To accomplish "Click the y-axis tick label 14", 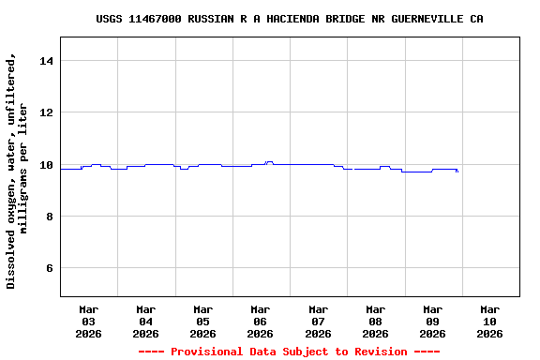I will pyautogui.click(x=48, y=61).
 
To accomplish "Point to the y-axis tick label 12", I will pyautogui.click(x=48, y=112).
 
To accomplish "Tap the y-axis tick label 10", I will pyautogui.click(x=48, y=165).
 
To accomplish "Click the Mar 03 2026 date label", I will pyautogui.click(x=88, y=321).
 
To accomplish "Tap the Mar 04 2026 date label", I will pyautogui.click(x=145, y=321).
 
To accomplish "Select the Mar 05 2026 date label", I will pyautogui.click(x=202, y=321).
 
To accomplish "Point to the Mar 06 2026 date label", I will pyautogui.click(x=260, y=321).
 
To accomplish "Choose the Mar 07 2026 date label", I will pyautogui.click(x=318, y=321).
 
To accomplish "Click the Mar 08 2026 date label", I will pyautogui.click(x=375, y=321).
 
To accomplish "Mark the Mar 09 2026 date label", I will pyautogui.click(x=432, y=321).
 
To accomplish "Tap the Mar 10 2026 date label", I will pyautogui.click(x=489, y=321).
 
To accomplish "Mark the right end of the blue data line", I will pyautogui.click(x=457, y=172).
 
